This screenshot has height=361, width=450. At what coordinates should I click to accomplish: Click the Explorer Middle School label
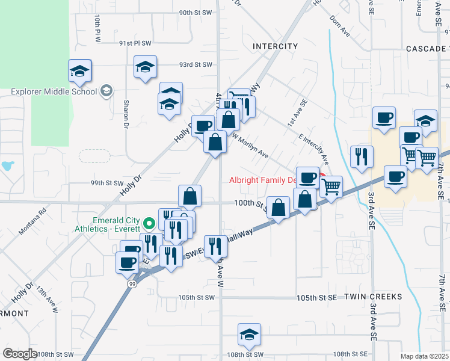tap(54, 92)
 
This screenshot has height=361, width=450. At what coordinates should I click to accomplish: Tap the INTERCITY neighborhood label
tap(275, 46)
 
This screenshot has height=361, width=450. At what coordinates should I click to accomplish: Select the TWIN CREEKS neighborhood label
tap(368, 297)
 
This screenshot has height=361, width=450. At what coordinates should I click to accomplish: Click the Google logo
tap(20, 354)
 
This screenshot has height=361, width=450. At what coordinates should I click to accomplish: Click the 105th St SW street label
tap(196, 297)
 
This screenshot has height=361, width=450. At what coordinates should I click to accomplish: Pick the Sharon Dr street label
tap(126, 114)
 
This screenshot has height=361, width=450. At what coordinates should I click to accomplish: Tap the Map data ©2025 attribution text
tap(424, 356)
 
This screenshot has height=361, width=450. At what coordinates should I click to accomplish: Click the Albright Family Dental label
tap(262, 180)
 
